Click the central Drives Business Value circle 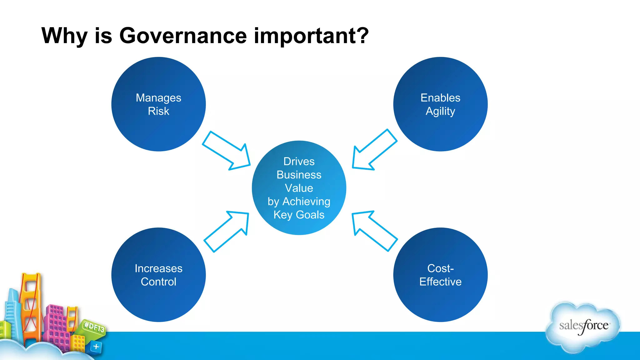299,187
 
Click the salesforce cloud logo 583,327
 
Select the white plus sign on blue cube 96,347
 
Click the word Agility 440,111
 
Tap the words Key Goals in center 299,215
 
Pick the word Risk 158,111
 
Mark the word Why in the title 64,36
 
